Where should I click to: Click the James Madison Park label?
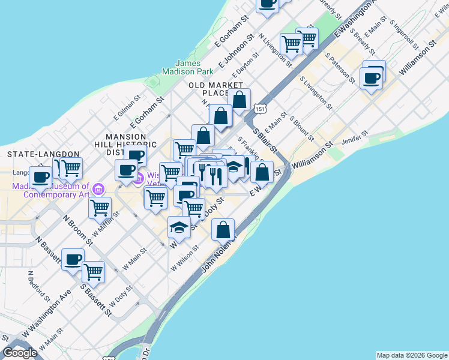point(194,67)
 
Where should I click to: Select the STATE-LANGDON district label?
point(35,154)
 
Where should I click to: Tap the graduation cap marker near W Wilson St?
point(179,227)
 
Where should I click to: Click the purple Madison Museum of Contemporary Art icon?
point(99,190)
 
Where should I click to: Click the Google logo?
point(20,353)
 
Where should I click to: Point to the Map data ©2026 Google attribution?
point(412,355)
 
